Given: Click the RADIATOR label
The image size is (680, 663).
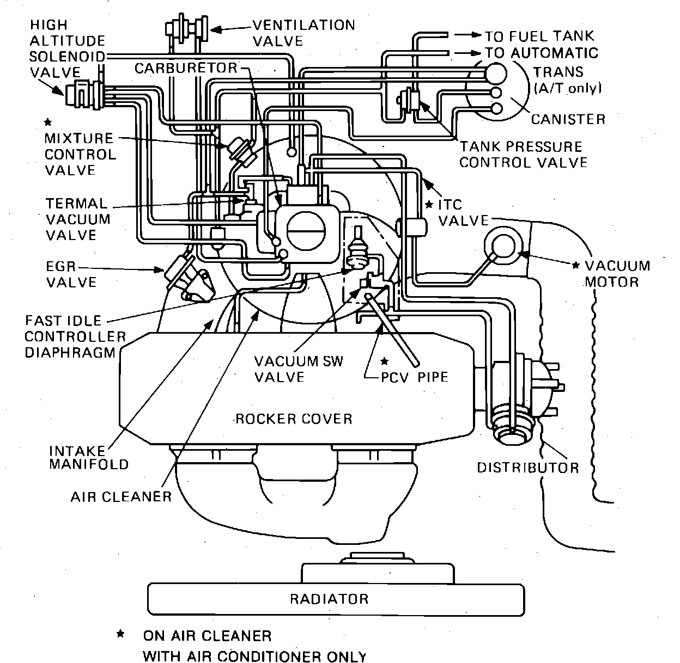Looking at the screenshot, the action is tap(329, 599).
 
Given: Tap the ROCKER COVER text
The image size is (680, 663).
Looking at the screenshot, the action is tap(294, 419).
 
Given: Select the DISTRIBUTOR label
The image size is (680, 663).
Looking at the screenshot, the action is tap(528, 468).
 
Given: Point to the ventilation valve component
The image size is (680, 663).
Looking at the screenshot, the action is tap(186, 28).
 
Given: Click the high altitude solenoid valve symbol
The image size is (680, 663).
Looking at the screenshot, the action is tap(84, 94).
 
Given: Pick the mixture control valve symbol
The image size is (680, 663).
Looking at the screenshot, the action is tap(241, 151).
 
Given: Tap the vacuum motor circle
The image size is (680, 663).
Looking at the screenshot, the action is tap(503, 246).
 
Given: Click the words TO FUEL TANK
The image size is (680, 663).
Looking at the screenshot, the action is tap(539, 36).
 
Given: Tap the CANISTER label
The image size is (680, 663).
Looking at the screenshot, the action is tap(568, 119).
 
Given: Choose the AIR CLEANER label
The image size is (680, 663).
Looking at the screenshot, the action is tap(122, 497).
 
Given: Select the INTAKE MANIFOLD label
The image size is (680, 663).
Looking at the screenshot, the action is tap(89, 458).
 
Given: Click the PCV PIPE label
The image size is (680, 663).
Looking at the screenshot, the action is tap(415, 377).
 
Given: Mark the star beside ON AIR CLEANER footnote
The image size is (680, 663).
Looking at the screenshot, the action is tap(120, 634).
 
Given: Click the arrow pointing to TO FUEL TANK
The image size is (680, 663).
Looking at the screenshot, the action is tap(468, 35).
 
